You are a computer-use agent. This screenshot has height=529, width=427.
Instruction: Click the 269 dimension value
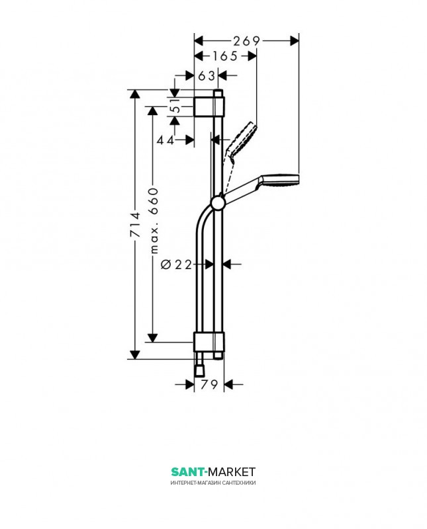point(246,41)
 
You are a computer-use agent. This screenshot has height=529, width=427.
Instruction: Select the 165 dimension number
point(225,56)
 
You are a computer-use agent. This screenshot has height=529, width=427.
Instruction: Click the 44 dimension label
point(166,140)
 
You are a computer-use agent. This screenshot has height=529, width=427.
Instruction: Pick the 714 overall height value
point(135,225)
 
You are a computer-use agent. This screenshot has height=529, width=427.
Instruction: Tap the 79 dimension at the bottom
point(209,385)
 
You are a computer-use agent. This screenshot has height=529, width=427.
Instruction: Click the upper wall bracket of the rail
point(210,106)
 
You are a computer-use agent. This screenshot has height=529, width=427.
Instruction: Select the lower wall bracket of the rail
point(210,342)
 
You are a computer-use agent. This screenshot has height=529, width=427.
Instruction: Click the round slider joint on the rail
point(217,202)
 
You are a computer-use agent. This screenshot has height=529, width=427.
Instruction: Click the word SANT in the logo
point(188,471)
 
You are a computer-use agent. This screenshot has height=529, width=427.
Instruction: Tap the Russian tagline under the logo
point(213,483)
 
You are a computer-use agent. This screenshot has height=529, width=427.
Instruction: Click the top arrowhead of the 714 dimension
point(135,93)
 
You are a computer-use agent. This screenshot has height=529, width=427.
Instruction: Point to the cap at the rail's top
point(217,93)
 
